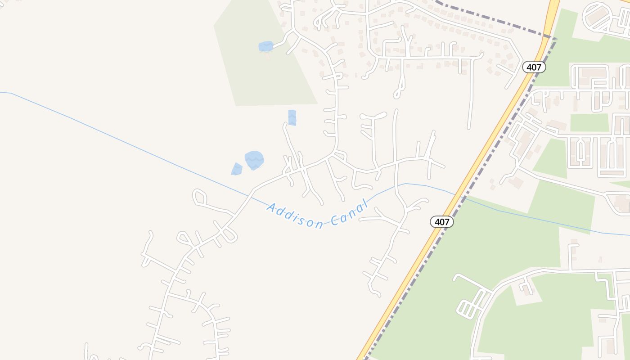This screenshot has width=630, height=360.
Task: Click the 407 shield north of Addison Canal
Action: (x=534, y=67)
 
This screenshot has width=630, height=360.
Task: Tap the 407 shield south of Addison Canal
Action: (x=442, y=221)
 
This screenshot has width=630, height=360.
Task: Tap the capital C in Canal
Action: (x=334, y=220)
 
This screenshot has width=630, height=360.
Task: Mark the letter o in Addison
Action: (x=310, y=222)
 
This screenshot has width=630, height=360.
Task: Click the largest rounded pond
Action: (x=254, y=160)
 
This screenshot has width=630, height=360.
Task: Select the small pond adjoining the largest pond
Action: (x=237, y=169)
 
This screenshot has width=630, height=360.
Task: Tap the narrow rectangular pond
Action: (x=292, y=117)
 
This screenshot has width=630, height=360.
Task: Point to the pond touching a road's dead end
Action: (x=266, y=46)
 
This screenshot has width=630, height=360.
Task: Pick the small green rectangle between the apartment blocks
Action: (x=589, y=122)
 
